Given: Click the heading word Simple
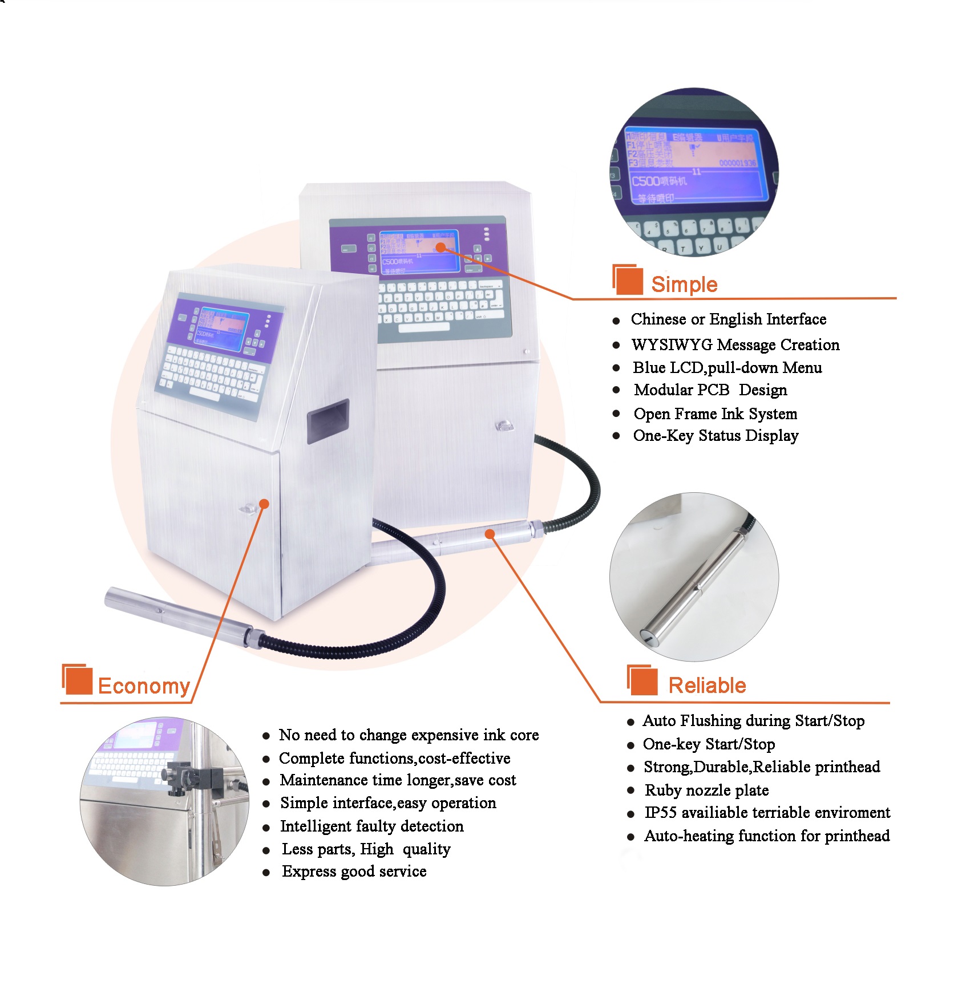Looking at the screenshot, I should coord(684,284).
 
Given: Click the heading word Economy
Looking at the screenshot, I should coord(144,686).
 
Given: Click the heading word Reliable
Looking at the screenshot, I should coord(707,685).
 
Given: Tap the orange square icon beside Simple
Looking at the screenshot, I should coord(628,280).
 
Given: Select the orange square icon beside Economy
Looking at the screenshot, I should coord(78,680).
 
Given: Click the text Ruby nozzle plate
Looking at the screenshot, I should coord(706,790).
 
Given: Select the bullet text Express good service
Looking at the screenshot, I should coord(354,871).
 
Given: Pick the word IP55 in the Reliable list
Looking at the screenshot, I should coord(660,812).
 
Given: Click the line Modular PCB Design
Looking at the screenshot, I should coord(710,390).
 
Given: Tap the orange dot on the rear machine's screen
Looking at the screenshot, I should coord(440,247).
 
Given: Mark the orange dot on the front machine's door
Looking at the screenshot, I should coord(264,504).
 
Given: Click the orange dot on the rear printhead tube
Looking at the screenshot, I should coord(490,534).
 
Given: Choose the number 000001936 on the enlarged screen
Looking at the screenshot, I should coord(737,163).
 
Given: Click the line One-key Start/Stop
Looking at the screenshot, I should coord(709,744).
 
